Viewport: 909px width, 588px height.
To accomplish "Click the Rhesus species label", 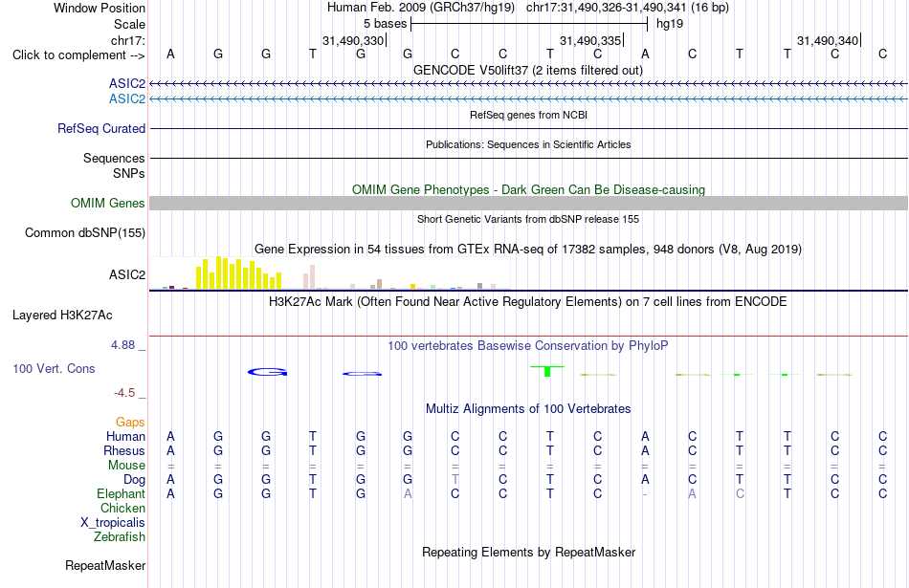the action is [x=124, y=450].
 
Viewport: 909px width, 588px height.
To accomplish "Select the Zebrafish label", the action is [x=120, y=537].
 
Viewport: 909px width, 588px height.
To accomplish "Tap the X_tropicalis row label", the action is [x=113, y=523].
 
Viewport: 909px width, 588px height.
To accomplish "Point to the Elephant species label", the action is [x=121, y=494].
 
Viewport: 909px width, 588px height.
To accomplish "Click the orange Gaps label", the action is [x=130, y=423].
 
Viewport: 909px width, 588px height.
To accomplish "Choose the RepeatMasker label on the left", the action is [x=105, y=565].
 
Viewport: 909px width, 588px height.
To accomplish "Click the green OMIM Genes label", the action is [x=108, y=204].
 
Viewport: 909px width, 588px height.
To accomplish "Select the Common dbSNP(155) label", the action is [x=84, y=233].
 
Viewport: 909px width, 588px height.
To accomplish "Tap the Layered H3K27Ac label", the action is [x=62, y=316].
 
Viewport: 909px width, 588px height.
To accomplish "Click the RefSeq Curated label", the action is [x=100, y=129].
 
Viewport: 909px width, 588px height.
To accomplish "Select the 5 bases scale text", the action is [x=385, y=24].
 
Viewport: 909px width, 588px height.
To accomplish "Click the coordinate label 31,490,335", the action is [x=590, y=40].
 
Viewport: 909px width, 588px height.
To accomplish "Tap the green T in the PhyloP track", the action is [x=547, y=371].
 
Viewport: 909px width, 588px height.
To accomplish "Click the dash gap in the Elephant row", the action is [x=645, y=494].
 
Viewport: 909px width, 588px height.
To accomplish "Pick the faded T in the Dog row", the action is [x=455, y=480].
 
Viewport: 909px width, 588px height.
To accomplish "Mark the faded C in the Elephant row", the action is [x=740, y=494].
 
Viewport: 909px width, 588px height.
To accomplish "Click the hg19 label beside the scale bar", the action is [x=670, y=24].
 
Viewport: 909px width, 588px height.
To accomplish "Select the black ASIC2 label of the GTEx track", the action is [x=127, y=274].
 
